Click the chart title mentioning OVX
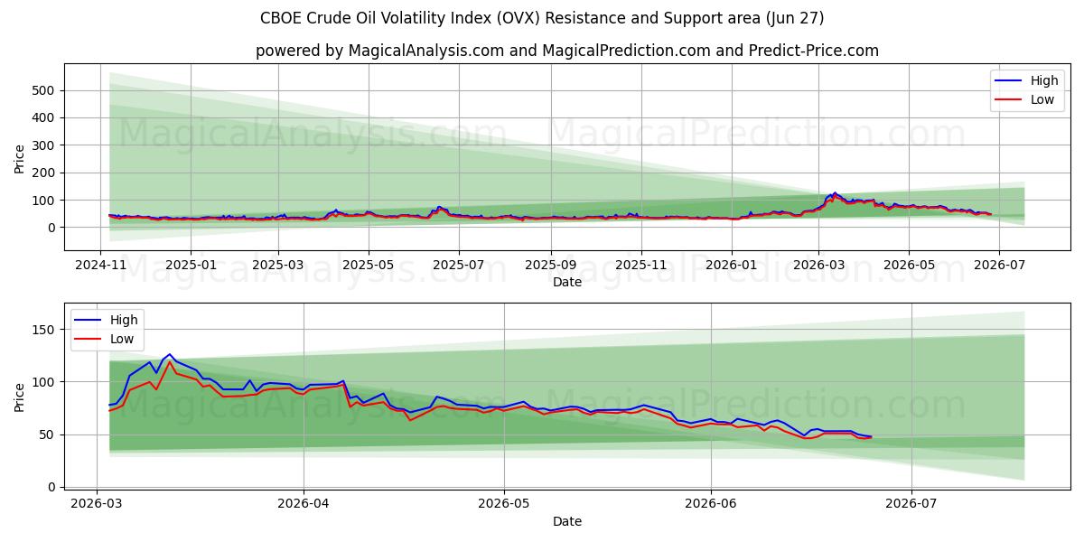542,18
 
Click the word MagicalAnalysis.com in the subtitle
426,51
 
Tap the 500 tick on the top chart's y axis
43,90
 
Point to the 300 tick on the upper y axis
43,145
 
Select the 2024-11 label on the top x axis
100,266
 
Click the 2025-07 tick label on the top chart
459,266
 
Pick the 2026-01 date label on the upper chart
732,266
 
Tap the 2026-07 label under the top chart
999,266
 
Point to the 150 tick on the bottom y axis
43,330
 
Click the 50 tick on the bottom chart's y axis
47,435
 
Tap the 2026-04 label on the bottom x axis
304,504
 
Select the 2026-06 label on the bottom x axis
711,504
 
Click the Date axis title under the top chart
567,282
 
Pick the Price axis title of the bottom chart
19,397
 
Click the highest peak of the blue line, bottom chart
169,354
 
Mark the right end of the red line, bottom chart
872,438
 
